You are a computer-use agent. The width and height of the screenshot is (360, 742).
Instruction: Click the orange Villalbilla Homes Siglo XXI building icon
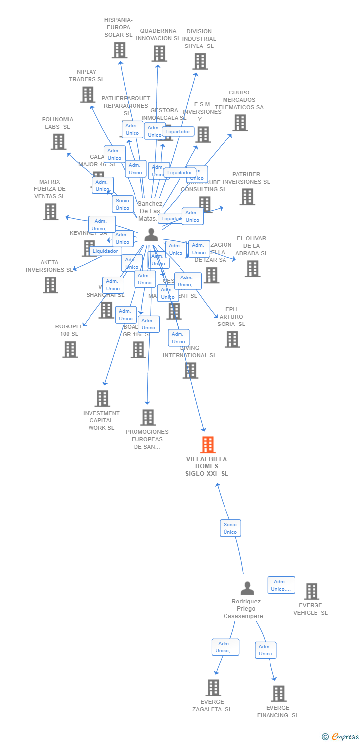point(208,445)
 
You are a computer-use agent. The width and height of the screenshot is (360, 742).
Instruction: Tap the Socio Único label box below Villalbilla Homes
point(230,528)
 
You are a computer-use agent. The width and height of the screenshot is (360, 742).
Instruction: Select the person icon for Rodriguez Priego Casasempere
point(247,588)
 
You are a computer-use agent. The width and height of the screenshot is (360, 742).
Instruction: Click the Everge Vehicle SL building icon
point(312,591)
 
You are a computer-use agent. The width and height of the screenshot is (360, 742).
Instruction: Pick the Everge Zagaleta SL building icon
point(213,688)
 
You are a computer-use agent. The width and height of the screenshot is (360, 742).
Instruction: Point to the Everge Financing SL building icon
point(279,694)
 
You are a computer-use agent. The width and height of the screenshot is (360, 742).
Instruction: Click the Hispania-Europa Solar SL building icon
point(119,50)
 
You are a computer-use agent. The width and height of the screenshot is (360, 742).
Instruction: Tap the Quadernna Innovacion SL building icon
point(159,53)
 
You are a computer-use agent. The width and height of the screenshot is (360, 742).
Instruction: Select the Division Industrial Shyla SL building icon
point(200,61)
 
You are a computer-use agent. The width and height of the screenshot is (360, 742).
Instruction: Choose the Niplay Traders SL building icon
point(88,94)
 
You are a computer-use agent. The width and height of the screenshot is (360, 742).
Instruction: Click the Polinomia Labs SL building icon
point(58,142)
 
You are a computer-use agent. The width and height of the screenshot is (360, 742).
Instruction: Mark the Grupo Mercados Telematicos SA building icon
point(240,123)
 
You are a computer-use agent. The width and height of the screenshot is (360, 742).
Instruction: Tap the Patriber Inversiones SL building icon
point(247,197)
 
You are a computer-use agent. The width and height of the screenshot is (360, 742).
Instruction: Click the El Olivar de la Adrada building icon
point(252,269)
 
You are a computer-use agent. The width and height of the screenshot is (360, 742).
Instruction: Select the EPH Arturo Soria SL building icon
point(232,339)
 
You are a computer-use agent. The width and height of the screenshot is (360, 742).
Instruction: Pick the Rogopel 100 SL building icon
point(70,349)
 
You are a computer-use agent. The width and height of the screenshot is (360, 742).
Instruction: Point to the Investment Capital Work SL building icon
point(102,398)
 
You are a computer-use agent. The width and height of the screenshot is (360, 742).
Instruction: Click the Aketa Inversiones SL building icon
point(50,285)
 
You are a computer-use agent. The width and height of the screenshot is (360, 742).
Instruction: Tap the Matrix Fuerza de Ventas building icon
point(50,212)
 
